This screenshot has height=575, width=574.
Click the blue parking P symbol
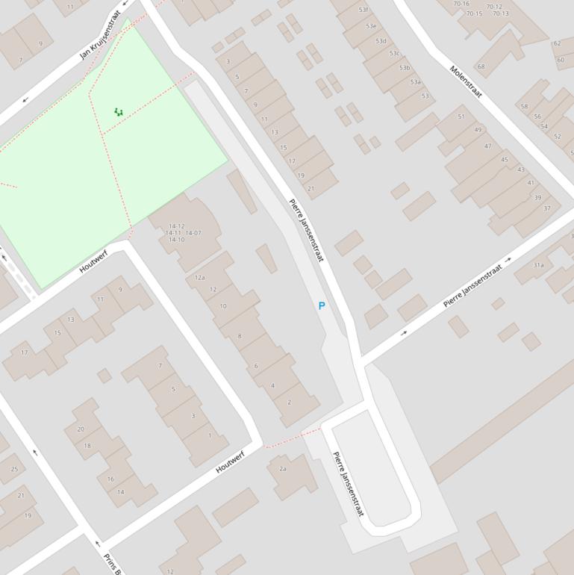322,306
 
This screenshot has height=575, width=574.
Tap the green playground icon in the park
119,112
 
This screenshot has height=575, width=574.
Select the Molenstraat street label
467,81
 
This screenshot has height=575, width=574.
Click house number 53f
364,10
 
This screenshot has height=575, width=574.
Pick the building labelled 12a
200,278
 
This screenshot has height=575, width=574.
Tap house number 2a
283,469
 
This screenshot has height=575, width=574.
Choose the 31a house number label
538,265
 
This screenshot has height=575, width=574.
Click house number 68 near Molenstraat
481,66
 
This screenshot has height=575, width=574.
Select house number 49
478,130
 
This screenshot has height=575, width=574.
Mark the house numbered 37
547,208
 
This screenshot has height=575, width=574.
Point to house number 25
14,470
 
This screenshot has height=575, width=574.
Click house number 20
81,429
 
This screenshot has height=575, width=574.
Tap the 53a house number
416,82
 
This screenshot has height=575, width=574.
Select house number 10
222,306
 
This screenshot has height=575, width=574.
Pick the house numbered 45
505,160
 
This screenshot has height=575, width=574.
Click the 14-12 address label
176,226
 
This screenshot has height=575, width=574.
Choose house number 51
461,116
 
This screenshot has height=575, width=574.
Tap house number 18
87,446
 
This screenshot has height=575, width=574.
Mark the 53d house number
381,41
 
